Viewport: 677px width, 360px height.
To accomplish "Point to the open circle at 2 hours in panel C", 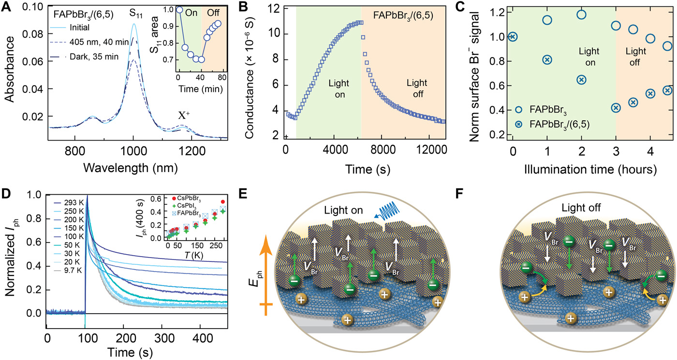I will (581, 14).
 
